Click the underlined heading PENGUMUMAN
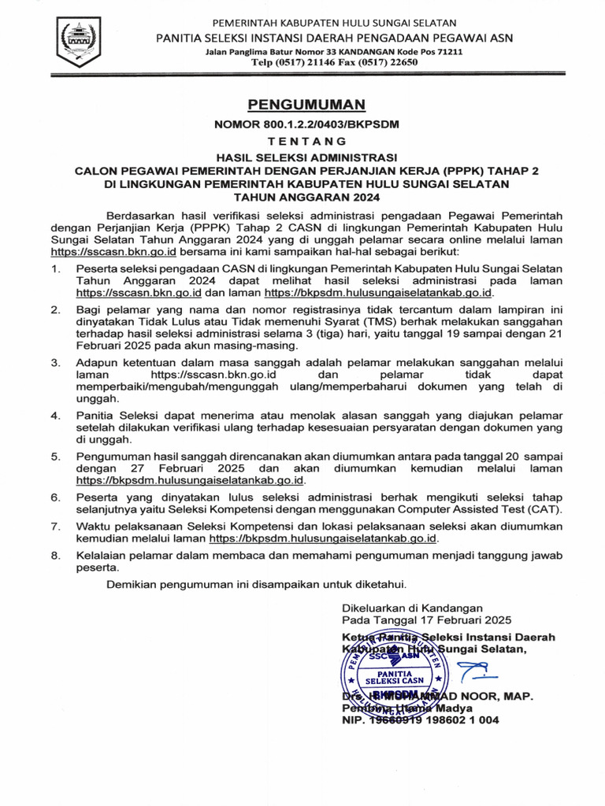pos(302,105)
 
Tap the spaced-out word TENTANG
pos(302,142)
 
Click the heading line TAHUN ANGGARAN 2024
pos(302,198)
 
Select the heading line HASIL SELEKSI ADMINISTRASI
pos(302,157)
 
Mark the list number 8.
pos(55,556)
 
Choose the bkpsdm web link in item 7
pos(323,539)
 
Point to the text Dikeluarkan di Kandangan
pos(411,608)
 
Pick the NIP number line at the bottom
pos(420,720)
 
